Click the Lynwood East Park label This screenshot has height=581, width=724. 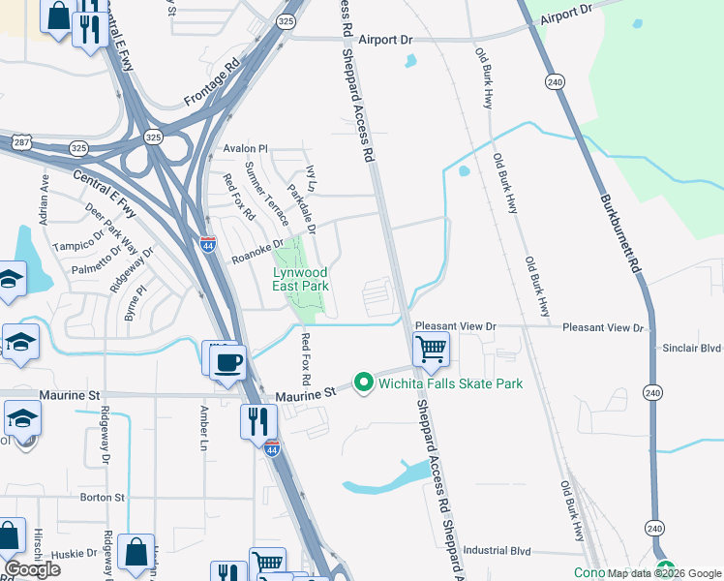click(299, 279)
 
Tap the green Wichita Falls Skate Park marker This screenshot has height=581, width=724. click(364, 383)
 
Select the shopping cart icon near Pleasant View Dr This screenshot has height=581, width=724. click(431, 348)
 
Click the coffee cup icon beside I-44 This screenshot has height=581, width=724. click(228, 363)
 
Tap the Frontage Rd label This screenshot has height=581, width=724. click(210, 87)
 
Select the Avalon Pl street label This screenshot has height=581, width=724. click(244, 149)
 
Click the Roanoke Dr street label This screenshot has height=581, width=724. click(256, 250)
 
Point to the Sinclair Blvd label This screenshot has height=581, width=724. click(692, 348)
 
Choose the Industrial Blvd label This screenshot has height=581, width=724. click(498, 550)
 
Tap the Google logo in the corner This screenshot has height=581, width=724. click(32, 569)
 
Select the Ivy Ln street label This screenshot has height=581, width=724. click(311, 177)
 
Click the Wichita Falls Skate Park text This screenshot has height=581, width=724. click(450, 384)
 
